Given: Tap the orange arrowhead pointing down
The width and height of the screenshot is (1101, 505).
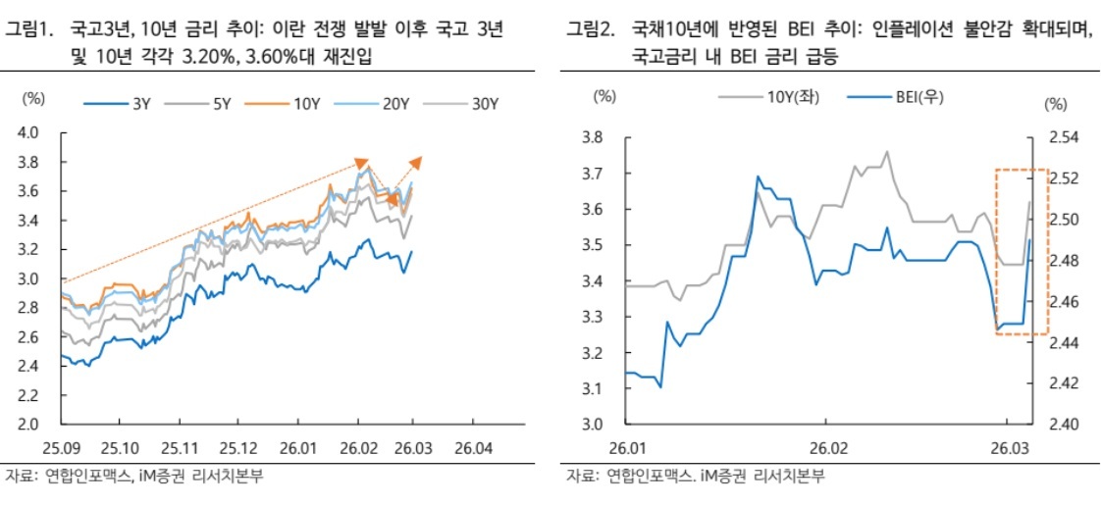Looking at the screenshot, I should tap(393, 202).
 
